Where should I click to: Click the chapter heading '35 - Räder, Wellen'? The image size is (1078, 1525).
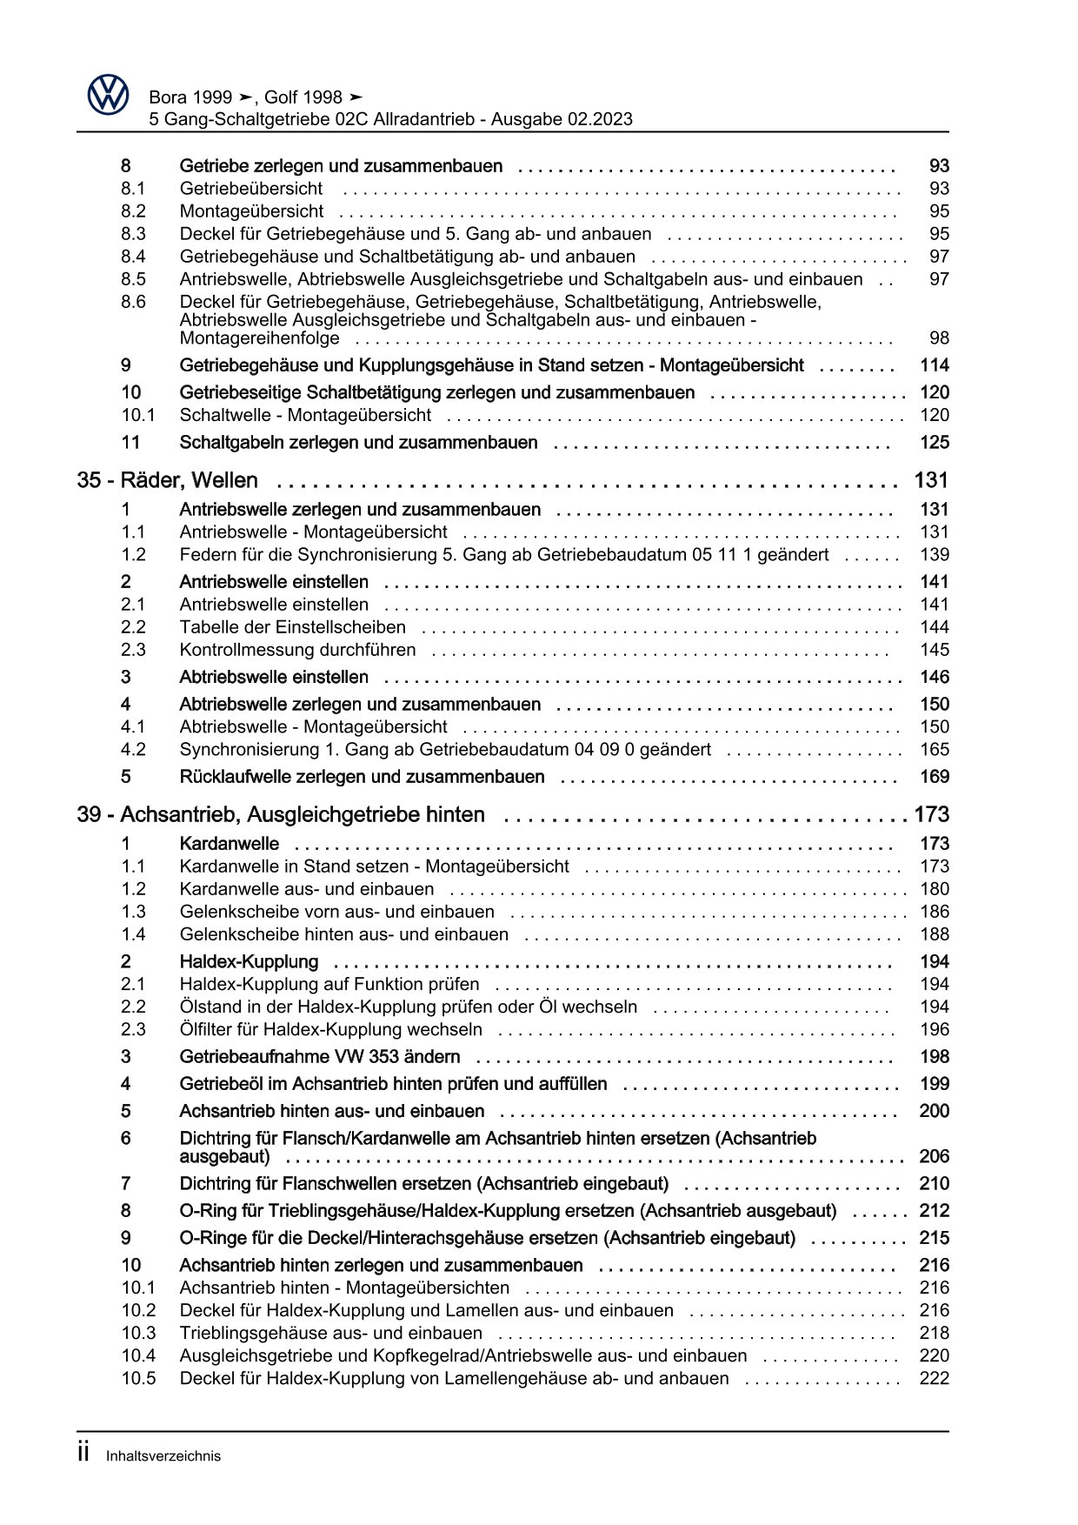[167, 480]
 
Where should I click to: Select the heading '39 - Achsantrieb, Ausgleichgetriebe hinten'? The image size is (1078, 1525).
[281, 815]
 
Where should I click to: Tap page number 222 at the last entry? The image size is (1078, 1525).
[934, 1378]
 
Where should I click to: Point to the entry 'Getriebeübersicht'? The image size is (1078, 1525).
[250, 189]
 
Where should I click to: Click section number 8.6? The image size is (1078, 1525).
[133, 302]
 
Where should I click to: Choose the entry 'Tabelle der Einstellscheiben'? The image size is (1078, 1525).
[292, 627]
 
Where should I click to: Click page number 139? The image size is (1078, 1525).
[934, 555]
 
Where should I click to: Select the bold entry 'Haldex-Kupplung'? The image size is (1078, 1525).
[249, 962]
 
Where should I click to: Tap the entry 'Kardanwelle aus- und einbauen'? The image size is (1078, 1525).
[306, 889]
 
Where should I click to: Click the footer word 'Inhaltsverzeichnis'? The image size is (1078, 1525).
[163, 1456]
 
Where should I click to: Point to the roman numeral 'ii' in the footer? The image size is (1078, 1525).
[83, 1454]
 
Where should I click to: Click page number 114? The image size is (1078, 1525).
[934, 365]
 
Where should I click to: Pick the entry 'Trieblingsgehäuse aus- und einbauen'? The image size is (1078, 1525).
[330, 1333]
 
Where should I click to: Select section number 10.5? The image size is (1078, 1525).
[138, 1378]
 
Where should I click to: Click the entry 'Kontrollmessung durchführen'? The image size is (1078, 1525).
[297, 650]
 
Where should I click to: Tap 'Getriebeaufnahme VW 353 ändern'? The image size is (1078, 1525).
[319, 1057]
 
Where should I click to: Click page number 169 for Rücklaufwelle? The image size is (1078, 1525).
[934, 777]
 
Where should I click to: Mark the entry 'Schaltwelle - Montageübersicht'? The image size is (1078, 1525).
[305, 415]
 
